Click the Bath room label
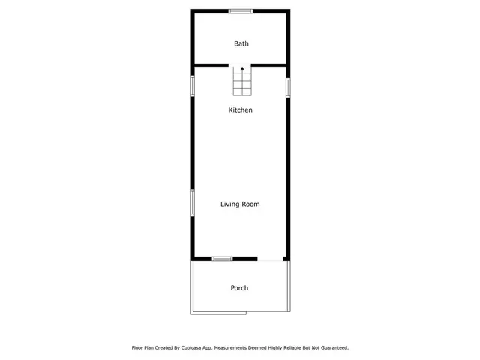coord(241,43)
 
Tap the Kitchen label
coord(240,110)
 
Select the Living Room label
coord(240,204)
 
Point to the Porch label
coord(239,288)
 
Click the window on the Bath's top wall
coord(240,10)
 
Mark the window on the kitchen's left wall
coord(192,85)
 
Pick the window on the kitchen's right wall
coord(288,87)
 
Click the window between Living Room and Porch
coord(222,259)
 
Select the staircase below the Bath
coord(241,82)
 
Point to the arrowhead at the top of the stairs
coord(241,68)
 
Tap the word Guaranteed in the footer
coord(332,348)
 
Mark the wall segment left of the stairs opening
coord(211,65)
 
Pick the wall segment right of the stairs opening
coord(269,65)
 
